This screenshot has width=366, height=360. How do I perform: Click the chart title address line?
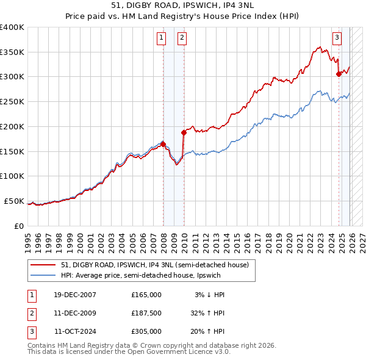[x=182, y=5]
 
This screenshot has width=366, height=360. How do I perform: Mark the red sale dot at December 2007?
[x=163, y=144]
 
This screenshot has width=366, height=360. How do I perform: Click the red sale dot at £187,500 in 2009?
[x=184, y=132]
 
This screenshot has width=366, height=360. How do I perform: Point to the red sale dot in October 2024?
[x=339, y=74]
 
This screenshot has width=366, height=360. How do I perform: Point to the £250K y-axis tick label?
[x=12, y=101]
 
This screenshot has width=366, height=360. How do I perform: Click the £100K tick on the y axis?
[x=12, y=176]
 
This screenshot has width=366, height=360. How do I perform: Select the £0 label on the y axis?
[x=18, y=226]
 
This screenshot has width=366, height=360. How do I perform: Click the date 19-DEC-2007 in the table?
[x=75, y=295]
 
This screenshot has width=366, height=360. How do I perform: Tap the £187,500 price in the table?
[x=146, y=313]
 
